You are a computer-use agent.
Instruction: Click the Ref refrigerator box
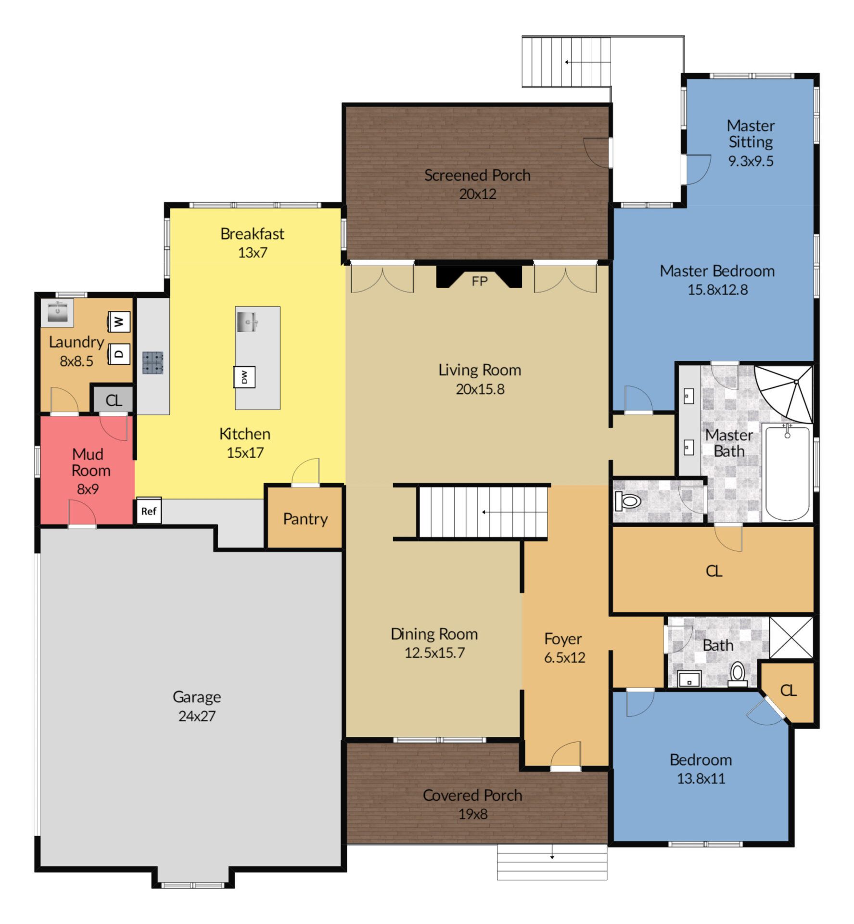pos(149,511)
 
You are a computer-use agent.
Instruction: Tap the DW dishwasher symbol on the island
pos(244,377)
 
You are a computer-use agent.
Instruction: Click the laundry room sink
pos(57,312)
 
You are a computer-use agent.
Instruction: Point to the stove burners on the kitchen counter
pos(153,363)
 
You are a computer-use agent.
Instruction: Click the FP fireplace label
pos(479,282)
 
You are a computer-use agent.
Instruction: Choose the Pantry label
pos(305,519)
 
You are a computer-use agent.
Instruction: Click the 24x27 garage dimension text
pos(197,716)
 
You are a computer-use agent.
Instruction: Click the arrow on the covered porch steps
pos(552,857)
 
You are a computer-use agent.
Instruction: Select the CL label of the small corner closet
pos(788,691)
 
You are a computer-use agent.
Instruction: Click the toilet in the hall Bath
pos(737,674)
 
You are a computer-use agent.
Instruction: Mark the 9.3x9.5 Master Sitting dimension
pos(751,161)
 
